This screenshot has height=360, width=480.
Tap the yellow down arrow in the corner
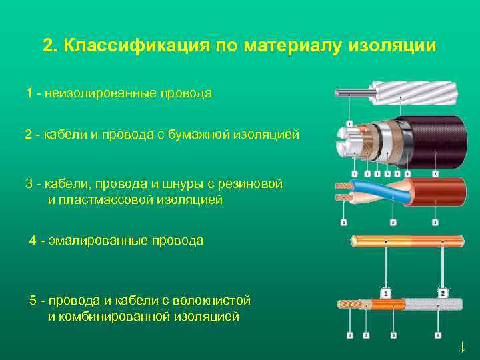coord(461,347)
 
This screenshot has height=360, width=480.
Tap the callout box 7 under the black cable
coord(434,173)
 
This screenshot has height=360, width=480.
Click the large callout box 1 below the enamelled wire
coord(385,293)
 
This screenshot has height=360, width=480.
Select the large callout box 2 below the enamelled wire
coord(443,293)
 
